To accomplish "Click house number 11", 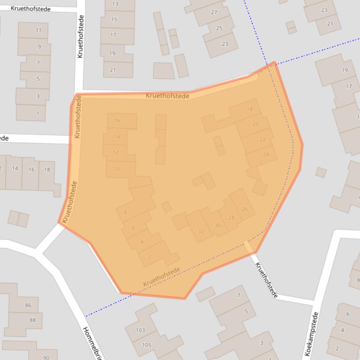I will click(x=38, y=30).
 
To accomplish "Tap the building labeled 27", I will click(x=214, y=12).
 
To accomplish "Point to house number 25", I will click(x=219, y=28).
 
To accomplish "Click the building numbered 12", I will click(x=116, y=152).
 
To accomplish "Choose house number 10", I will click(x=117, y=169).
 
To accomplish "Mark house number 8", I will click(x=125, y=213).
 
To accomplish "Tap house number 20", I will click(x=256, y=124).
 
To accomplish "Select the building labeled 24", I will click(x=266, y=154).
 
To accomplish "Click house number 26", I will click(x=244, y=209).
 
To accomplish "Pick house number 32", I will click(x=201, y=231).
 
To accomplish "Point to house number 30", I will click(x=217, y=225).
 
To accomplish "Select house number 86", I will click(x=28, y=305).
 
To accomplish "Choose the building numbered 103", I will click(x=140, y=330).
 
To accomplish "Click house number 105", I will click(x=147, y=345).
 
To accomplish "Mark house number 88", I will click(x=32, y=320).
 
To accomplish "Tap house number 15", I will click(x=114, y=20).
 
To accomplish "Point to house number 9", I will click(x=39, y=46).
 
